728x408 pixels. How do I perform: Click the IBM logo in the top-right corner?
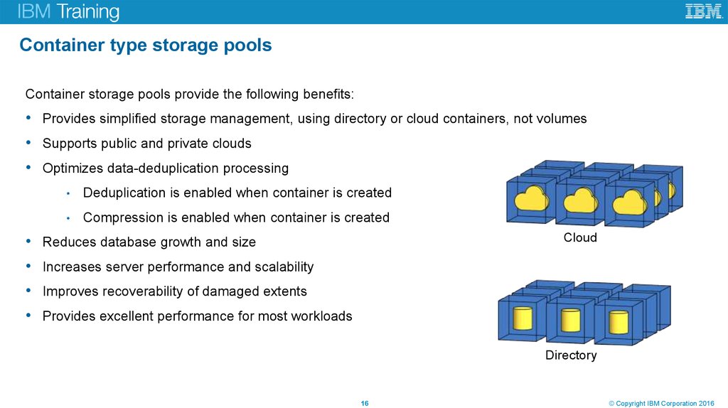[x=703, y=11]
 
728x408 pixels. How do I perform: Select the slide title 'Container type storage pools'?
[x=146, y=45]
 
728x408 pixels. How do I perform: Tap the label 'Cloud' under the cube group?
[x=580, y=237]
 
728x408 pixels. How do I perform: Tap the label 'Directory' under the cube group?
[x=571, y=355]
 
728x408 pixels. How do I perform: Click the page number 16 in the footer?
[x=365, y=404]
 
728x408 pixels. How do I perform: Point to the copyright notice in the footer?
[x=665, y=404]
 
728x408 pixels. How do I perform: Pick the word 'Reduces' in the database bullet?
[x=69, y=242]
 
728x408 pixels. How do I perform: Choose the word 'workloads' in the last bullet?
[x=321, y=316]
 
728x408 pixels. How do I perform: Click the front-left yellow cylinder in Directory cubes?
[x=523, y=319]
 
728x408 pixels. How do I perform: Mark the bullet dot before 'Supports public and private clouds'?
[x=27, y=143]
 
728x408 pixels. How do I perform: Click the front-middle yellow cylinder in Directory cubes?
[x=570, y=320]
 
